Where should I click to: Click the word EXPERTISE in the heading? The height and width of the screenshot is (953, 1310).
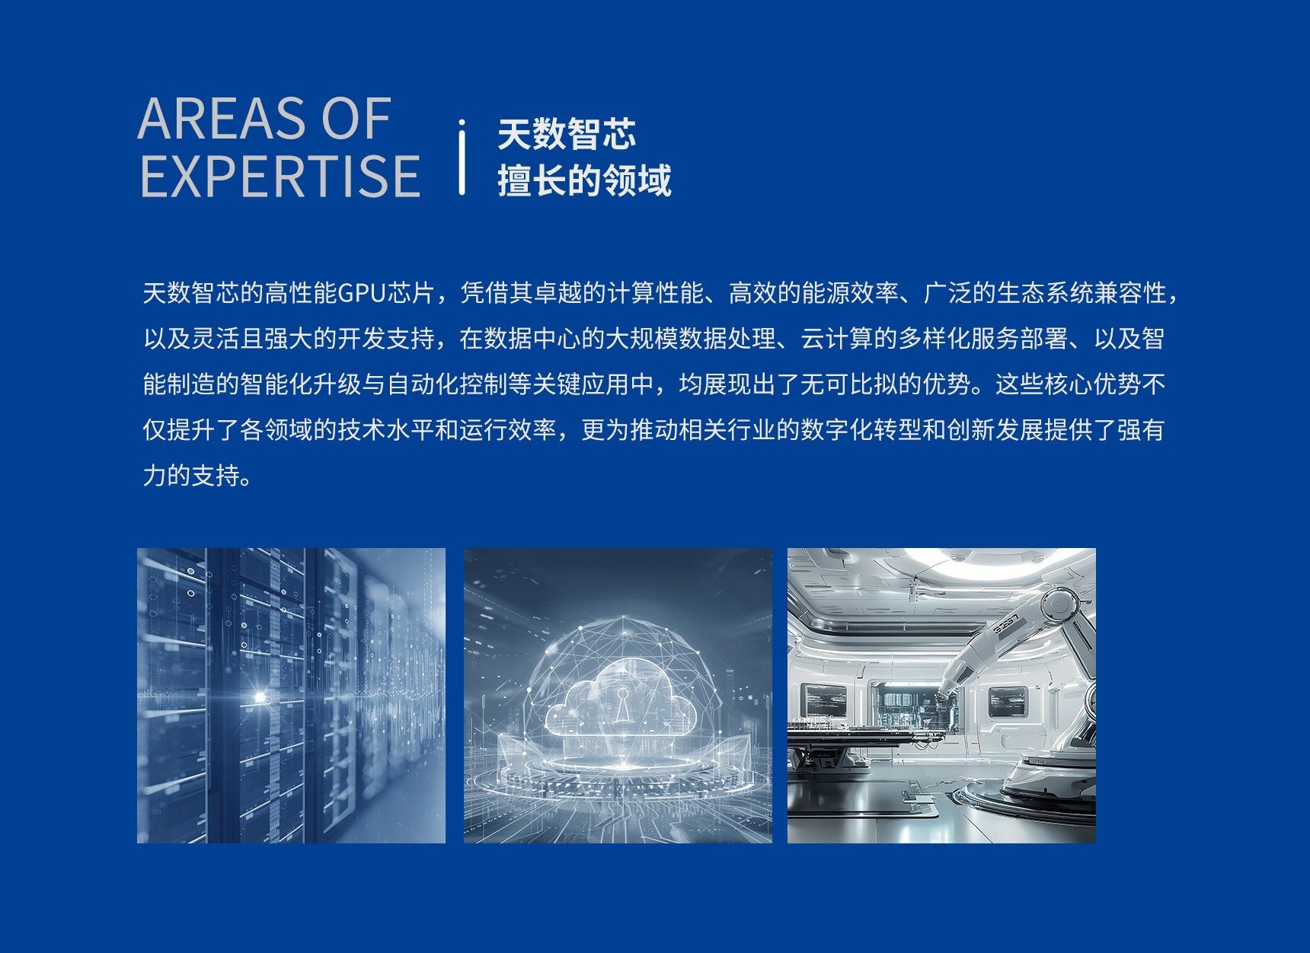click(280, 177)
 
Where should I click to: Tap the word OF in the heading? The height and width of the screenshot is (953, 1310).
click(356, 119)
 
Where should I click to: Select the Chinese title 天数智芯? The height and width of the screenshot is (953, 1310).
click(567, 135)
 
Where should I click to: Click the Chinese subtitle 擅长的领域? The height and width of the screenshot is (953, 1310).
click(584, 181)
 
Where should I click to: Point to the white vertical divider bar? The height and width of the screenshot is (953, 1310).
click(462, 157)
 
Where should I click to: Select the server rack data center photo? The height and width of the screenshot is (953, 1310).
click(291, 696)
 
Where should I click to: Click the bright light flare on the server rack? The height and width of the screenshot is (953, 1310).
click(260, 696)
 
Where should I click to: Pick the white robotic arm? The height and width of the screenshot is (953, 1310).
click(1021, 685)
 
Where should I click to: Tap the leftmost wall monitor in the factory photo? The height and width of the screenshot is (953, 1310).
click(825, 700)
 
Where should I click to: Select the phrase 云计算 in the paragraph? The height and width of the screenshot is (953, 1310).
click(836, 339)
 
